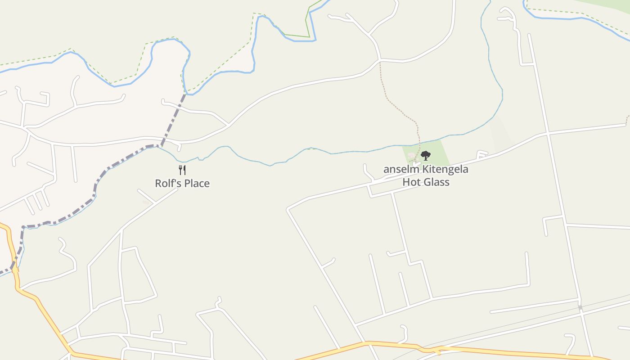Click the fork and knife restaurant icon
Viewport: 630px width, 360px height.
(182, 170)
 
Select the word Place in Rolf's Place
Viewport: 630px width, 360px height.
(197, 184)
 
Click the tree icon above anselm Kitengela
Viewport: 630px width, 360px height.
(425, 156)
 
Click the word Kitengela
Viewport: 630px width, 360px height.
(445, 170)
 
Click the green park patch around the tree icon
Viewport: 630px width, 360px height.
(439, 153)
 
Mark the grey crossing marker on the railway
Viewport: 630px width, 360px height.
(580, 307)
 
